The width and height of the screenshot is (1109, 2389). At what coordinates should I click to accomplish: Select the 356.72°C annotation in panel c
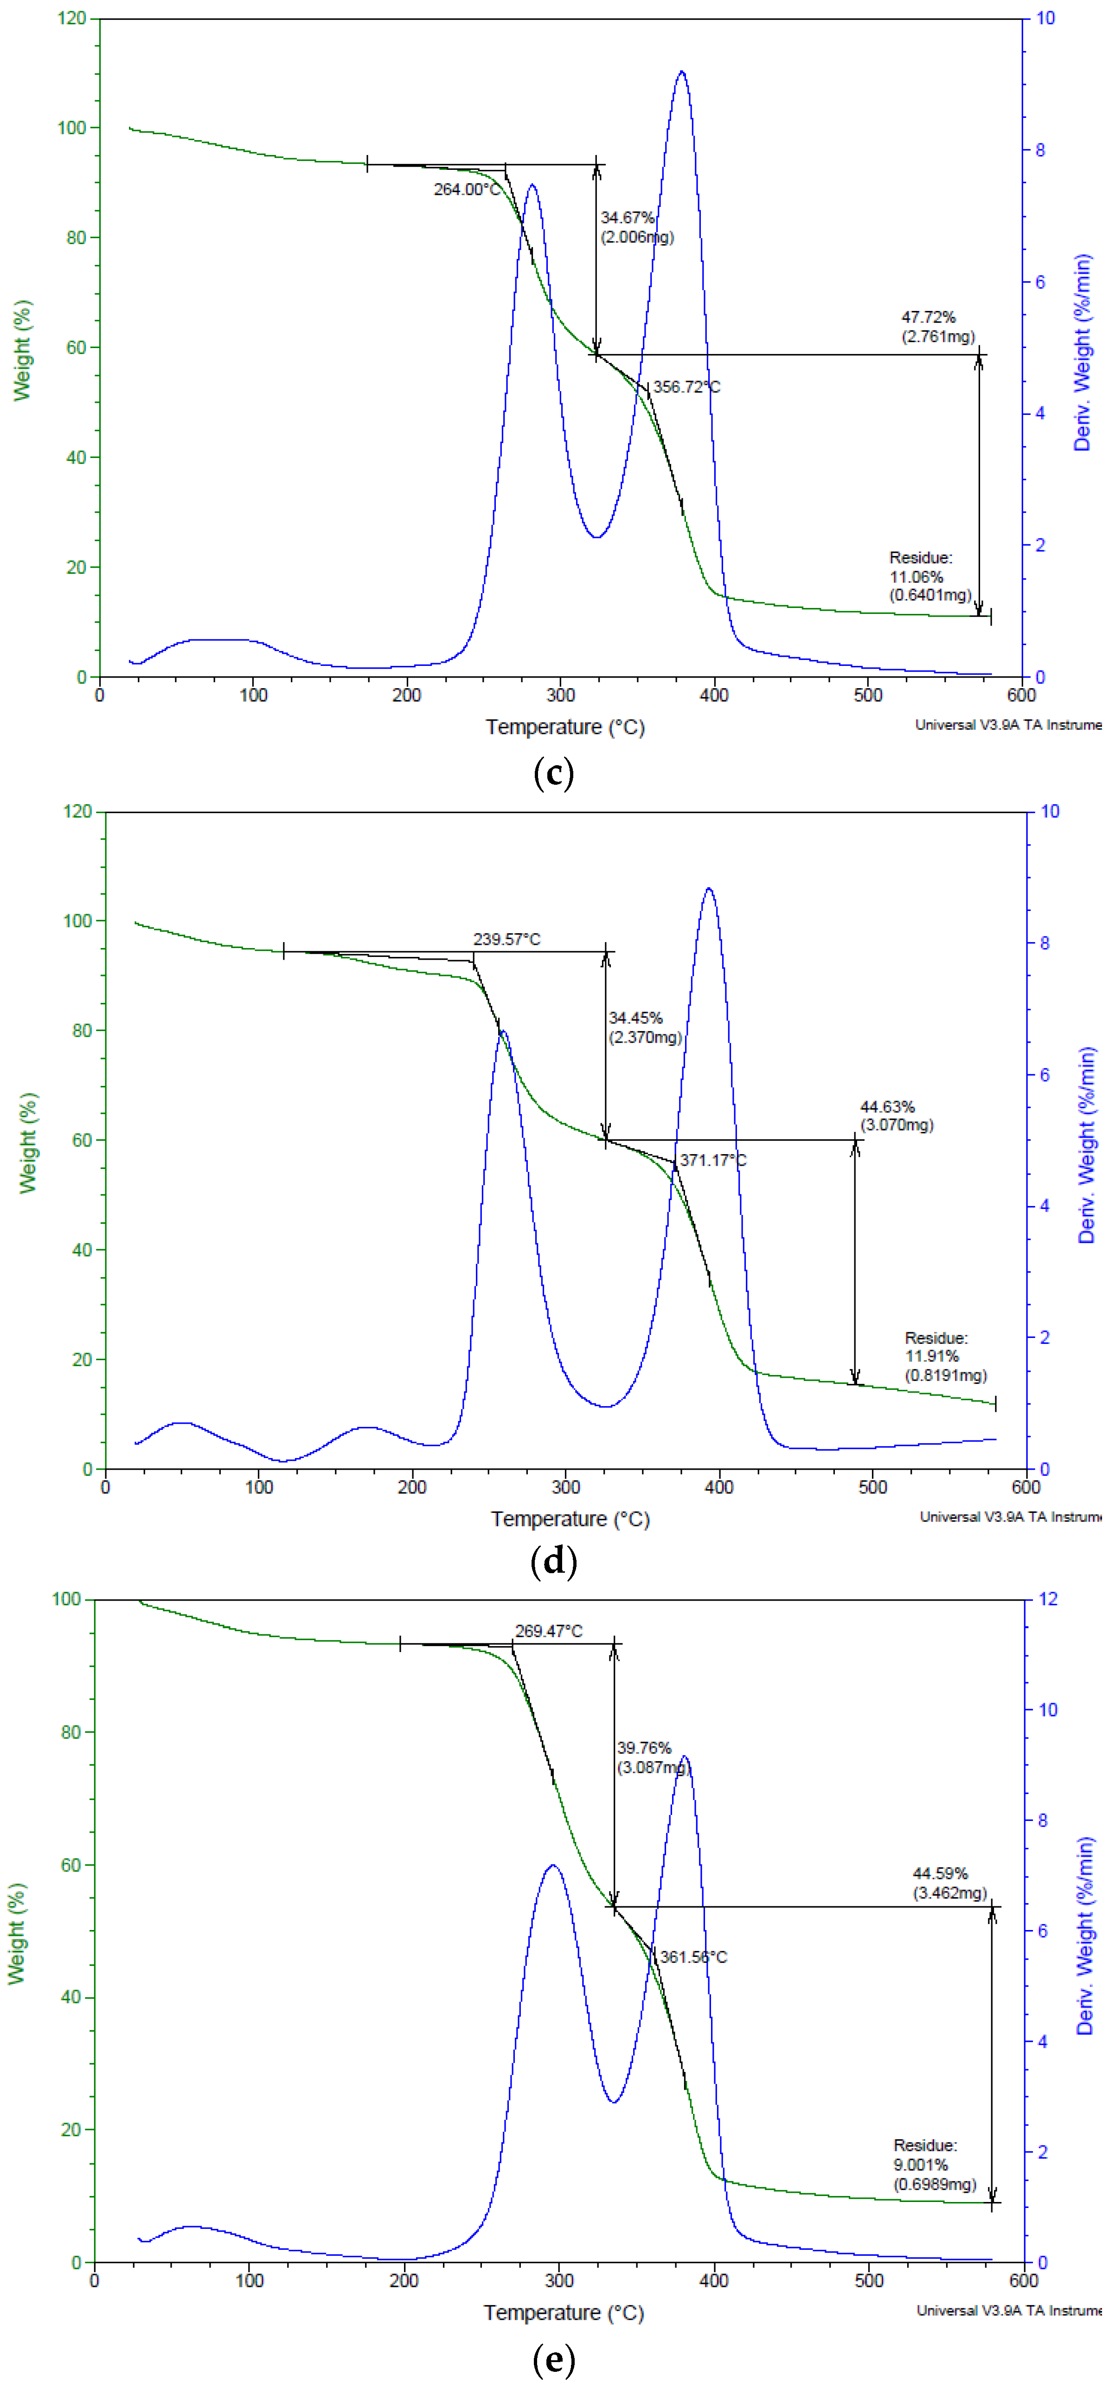[686, 387]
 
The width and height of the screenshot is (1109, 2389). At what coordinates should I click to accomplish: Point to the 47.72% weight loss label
[928, 317]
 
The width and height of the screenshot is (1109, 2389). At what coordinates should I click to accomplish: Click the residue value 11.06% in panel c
[916, 577]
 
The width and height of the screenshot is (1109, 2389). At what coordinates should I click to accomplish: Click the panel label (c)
[554, 773]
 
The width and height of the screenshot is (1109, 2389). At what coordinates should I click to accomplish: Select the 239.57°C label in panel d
[506, 939]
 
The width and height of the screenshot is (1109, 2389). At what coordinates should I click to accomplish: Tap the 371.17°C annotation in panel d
[712, 1160]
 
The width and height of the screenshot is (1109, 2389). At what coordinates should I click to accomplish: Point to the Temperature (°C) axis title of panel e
[563, 2312]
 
